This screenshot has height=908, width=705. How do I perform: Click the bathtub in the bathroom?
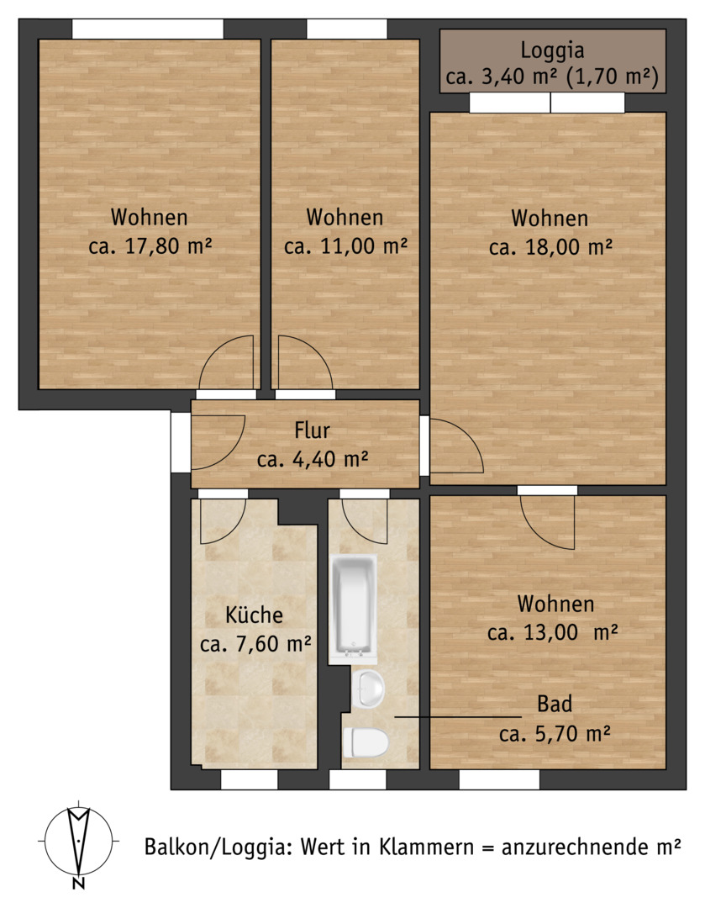click(353, 610)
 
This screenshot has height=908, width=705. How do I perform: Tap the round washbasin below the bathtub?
click(367, 689)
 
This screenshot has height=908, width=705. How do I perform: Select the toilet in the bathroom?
click(366, 742)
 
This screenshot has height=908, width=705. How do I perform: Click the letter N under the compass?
click(79, 884)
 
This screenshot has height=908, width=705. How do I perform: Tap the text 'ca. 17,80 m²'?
click(150, 246)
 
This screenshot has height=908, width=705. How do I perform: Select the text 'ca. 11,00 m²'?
click(345, 246)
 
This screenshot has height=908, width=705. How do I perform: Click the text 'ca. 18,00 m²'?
click(550, 247)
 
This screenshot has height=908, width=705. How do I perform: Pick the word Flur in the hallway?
click(312, 430)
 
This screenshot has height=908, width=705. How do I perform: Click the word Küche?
click(254, 615)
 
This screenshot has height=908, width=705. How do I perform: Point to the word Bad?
click(555, 704)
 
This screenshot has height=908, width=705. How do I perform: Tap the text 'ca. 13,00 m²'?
click(552, 632)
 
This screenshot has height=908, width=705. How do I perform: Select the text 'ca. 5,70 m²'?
click(555, 734)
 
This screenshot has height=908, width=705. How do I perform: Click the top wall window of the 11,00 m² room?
click(347, 29)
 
